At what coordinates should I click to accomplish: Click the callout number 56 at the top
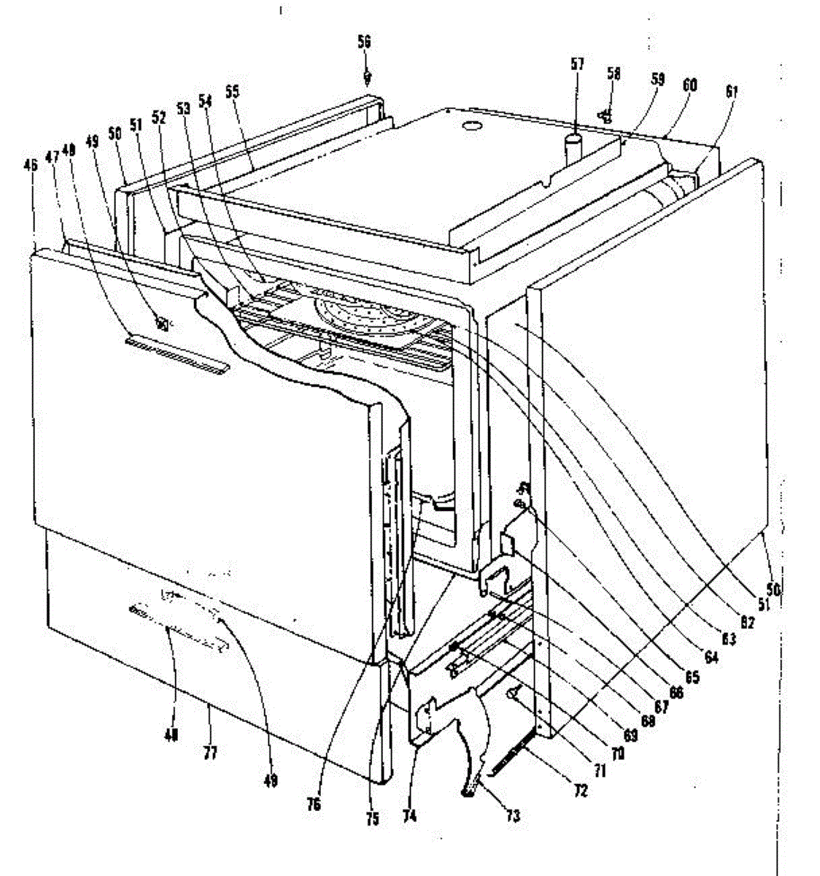[363, 42]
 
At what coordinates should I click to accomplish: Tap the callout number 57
[577, 64]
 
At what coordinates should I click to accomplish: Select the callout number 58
[614, 74]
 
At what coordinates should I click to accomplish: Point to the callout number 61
[732, 92]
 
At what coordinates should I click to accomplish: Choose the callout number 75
[372, 819]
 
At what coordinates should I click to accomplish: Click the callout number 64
[711, 657]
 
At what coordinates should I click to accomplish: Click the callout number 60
[689, 85]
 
